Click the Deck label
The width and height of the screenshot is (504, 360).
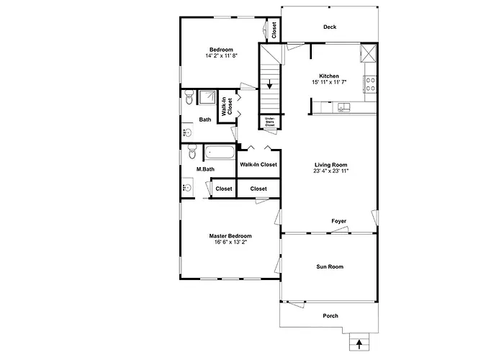point(330,27)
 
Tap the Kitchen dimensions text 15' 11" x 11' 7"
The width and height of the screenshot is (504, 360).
point(329,82)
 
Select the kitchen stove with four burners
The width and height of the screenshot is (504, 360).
point(370,84)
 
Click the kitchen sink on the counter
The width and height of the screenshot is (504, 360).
point(343,107)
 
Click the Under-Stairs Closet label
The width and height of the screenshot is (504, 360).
point(270,122)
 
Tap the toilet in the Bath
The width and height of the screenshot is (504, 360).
point(189,96)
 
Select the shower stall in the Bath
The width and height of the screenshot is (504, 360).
point(207,97)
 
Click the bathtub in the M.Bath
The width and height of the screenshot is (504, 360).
point(220,153)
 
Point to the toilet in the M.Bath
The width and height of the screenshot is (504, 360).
point(192,151)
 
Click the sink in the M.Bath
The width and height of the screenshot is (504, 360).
point(187,186)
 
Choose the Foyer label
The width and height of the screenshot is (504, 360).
point(339,221)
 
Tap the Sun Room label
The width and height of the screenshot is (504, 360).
point(330,266)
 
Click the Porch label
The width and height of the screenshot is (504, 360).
point(330,316)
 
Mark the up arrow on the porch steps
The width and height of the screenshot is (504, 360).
point(359,344)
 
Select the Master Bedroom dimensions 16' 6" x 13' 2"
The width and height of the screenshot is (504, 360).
point(230,242)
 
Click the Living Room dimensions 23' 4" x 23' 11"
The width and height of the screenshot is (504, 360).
point(331,171)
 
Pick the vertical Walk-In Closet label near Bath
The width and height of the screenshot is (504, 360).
point(227,107)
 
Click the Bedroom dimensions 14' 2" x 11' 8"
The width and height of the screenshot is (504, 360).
point(222,55)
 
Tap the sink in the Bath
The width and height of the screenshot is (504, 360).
point(187,132)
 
